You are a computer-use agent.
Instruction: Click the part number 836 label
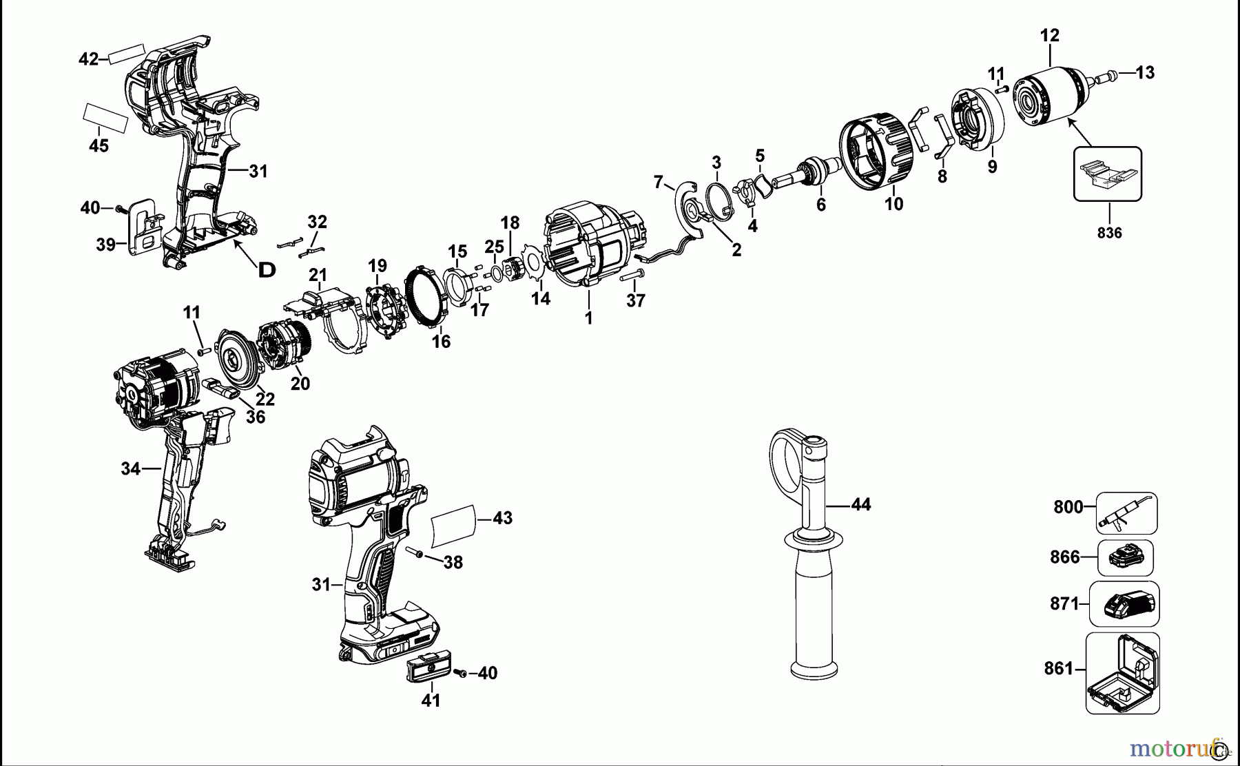click(x=1109, y=233)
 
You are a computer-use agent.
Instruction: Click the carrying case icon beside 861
click(x=1123, y=673)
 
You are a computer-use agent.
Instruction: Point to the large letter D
click(x=267, y=270)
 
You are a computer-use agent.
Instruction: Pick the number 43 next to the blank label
click(x=503, y=518)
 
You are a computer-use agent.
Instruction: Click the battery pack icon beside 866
click(x=1125, y=558)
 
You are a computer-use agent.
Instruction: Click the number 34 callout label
click(x=130, y=469)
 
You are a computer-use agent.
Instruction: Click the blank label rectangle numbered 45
click(x=105, y=118)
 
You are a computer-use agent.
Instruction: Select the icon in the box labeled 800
click(x=1126, y=514)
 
